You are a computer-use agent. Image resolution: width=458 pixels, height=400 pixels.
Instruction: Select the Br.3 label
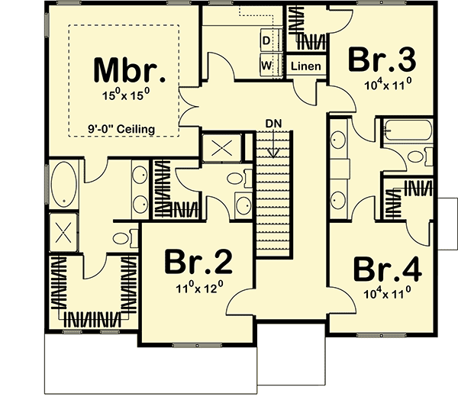382,60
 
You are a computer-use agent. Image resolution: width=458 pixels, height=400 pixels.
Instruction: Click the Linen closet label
306,66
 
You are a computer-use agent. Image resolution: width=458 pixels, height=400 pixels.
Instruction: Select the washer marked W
267,65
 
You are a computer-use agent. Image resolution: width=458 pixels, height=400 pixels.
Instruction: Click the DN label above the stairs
275,123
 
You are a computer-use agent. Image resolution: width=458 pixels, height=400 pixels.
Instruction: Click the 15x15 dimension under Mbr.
130,96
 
